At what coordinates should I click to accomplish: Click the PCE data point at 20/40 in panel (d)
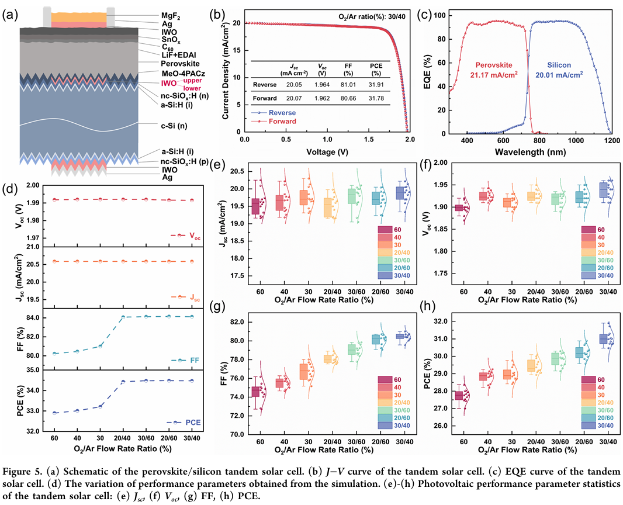point(123,382)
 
